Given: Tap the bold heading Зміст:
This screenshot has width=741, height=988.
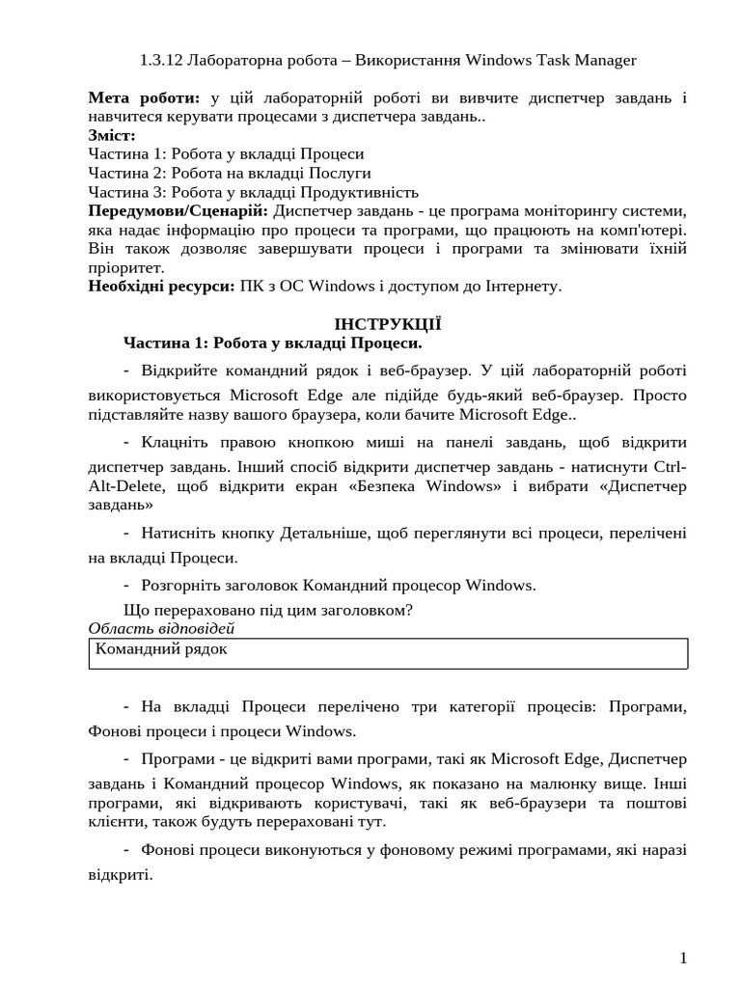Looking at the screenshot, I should (112, 135).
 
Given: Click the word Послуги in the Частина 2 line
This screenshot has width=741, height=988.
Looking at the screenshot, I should (337, 173).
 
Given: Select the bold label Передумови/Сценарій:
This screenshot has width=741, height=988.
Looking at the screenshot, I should (178, 210).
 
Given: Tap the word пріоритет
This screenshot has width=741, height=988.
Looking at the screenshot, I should (126, 267).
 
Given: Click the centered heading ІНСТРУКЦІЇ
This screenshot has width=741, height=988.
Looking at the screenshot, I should (387, 324).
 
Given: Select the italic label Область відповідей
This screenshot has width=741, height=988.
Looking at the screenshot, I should (161, 629).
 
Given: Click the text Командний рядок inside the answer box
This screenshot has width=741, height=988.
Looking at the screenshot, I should (161, 649).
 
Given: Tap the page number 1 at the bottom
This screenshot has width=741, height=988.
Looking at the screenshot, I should (683, 958).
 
